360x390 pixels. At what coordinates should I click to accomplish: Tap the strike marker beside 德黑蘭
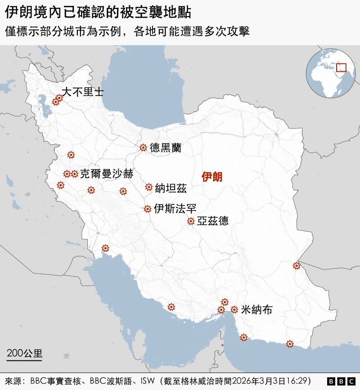(x=143, y=147)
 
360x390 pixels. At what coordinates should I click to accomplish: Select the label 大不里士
(x=82, y=92)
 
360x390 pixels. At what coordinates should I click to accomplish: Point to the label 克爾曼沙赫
(x=106, y=174)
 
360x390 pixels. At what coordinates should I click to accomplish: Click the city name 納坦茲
(x=171, y=188)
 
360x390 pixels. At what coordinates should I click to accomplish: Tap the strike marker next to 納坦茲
(x=148, y=187)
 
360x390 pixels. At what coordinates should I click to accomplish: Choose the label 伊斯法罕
(x=175, y=209)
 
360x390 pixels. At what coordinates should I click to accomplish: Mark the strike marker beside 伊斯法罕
(x=147, y=209)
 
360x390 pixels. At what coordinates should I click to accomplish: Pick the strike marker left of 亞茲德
(x=191, y=221)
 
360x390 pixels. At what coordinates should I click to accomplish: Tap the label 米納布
(x=256, y=309)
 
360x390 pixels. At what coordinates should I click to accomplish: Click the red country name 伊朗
(x=212, y=177)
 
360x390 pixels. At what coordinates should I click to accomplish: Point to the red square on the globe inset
(x=341, y=67)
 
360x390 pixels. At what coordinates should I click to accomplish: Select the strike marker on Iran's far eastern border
(x=296, y=266)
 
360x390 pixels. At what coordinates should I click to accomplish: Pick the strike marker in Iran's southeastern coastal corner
(x=290, y=344)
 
